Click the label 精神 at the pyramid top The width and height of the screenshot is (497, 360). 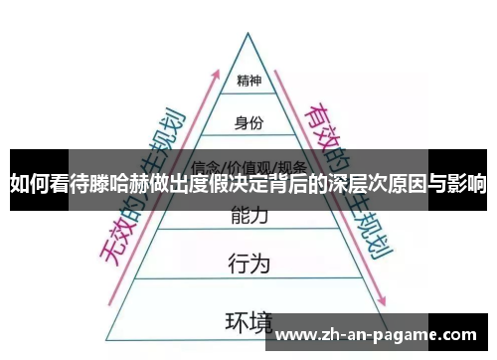tap(248, 80)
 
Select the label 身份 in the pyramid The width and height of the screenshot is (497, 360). tap(248, 123)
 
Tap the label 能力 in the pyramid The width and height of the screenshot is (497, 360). tap(248, 214)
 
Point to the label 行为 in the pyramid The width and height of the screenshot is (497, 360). tap(248, 264)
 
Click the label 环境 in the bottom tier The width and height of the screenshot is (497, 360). tap(248, 321)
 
